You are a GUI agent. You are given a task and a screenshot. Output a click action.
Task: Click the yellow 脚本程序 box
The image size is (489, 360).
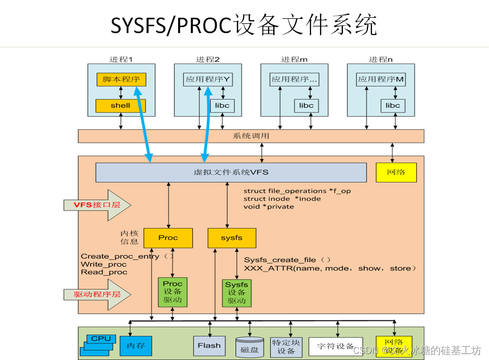[x=121, y=79]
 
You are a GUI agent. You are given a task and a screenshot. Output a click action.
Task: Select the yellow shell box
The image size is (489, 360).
[x=121, y=106]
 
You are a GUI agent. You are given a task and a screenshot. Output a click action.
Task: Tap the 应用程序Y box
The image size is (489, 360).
[x=207, y=79]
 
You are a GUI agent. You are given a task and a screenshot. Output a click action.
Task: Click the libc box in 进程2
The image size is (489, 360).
[x=222, y=106]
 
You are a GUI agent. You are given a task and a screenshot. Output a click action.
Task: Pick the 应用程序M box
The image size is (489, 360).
[x=381, y=79]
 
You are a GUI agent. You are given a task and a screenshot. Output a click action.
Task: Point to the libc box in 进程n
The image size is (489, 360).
[x=393, y=106]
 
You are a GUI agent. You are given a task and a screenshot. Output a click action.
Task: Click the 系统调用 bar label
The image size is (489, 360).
[x=251, y=136]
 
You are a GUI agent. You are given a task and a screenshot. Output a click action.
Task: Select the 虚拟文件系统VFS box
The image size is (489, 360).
[x=231, y=172]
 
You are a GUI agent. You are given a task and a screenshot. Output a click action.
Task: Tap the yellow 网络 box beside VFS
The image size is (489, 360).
[x=396, y=172]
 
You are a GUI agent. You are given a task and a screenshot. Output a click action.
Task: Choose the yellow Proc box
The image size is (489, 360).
[x=168, y=237]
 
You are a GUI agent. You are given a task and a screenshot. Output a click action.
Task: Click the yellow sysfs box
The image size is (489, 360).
[x=232, y=237]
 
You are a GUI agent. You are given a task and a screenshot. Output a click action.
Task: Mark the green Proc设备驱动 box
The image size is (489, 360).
[x=172, y=292]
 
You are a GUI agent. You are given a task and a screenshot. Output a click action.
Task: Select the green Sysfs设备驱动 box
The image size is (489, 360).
[x=237, y=292]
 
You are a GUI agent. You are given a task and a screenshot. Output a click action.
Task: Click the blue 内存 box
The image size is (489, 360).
[x=136, y=346]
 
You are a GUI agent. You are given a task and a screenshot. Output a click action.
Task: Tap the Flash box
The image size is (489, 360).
[x=209, y=346]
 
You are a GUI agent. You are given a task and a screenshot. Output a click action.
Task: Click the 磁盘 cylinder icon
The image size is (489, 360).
[x=250, y=347]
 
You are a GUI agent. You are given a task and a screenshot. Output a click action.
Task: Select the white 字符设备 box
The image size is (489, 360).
[x=336, y=346]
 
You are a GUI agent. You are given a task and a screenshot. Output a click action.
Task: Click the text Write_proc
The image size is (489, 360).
[x=104, y=264]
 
